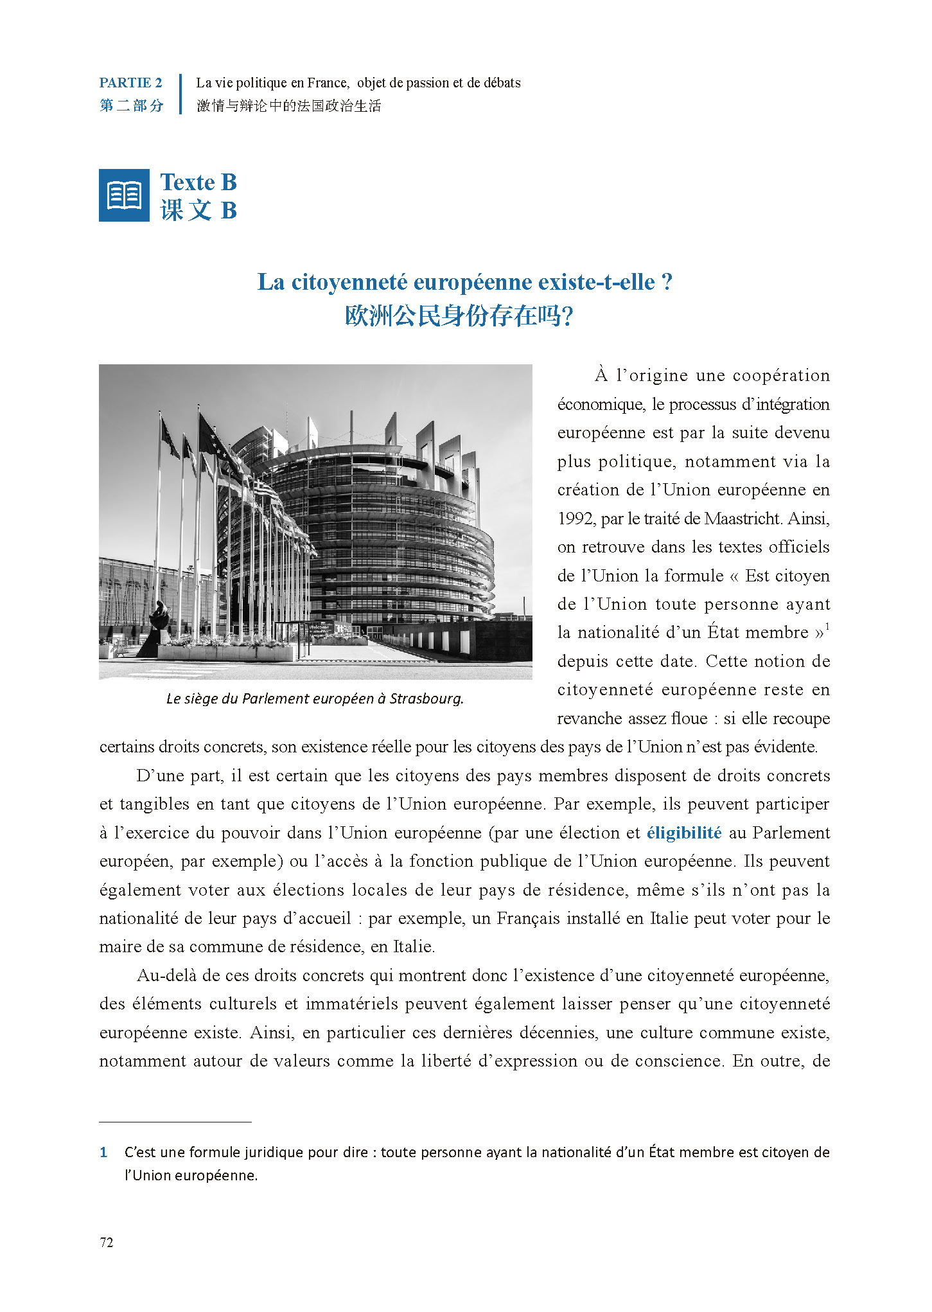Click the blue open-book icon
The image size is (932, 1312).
pyautogui.click(x=124, y=195)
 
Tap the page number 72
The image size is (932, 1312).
pyautogui.click(x=107, y=1243)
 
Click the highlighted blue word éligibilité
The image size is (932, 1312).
pyautogui.click(x=684, y=833)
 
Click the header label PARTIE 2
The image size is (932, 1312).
pyautogui.click(x=130, y=83)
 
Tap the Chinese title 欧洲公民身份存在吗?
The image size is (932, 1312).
pyautogui.click(x=459, y=316)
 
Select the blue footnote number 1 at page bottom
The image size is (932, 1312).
pyautogui.click(x=103, y=1153)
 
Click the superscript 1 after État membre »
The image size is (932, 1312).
pyautogui.click(x=827, y=626)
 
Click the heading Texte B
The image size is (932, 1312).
pyautogui.click(x=198, y=182)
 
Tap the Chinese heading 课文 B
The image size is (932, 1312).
pyautogui.click(x=198, y=210)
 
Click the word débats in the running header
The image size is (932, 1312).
pyautogui.click(x=502, y=83)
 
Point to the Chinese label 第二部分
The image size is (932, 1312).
pyautogui.click(x=132, y=105)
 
